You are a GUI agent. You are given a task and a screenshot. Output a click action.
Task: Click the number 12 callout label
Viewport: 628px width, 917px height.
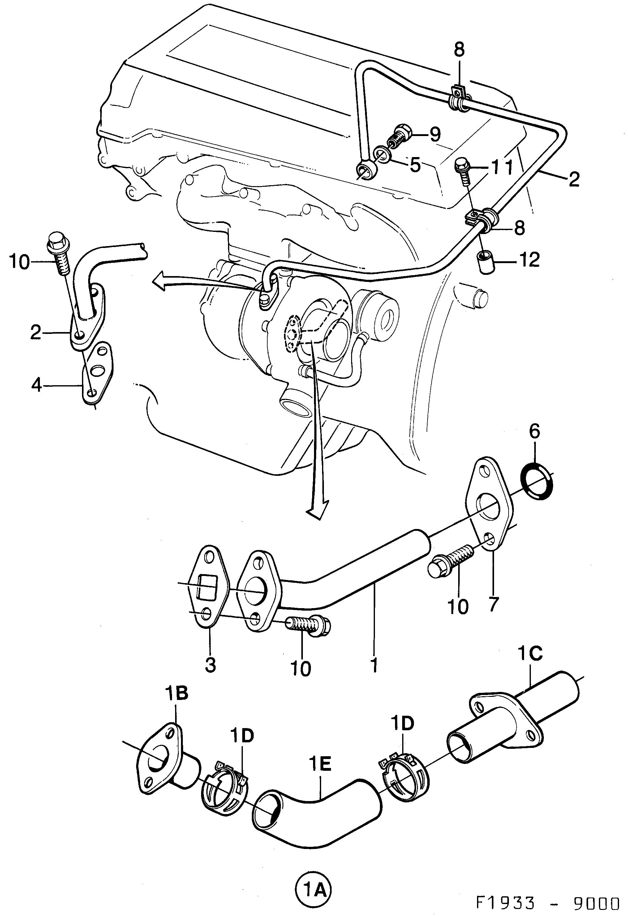click(x=530, y=260)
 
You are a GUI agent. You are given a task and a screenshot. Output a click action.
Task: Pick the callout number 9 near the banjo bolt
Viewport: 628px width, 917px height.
click(x=435, y=135)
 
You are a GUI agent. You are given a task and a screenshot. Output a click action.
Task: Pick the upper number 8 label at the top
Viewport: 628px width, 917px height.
click(x=459, y=50)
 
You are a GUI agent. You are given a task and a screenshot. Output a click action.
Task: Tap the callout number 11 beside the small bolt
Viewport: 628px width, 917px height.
click(x=501, y=167)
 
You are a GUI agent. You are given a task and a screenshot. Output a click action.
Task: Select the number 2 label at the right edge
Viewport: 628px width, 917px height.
click(x=574, y=179)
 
